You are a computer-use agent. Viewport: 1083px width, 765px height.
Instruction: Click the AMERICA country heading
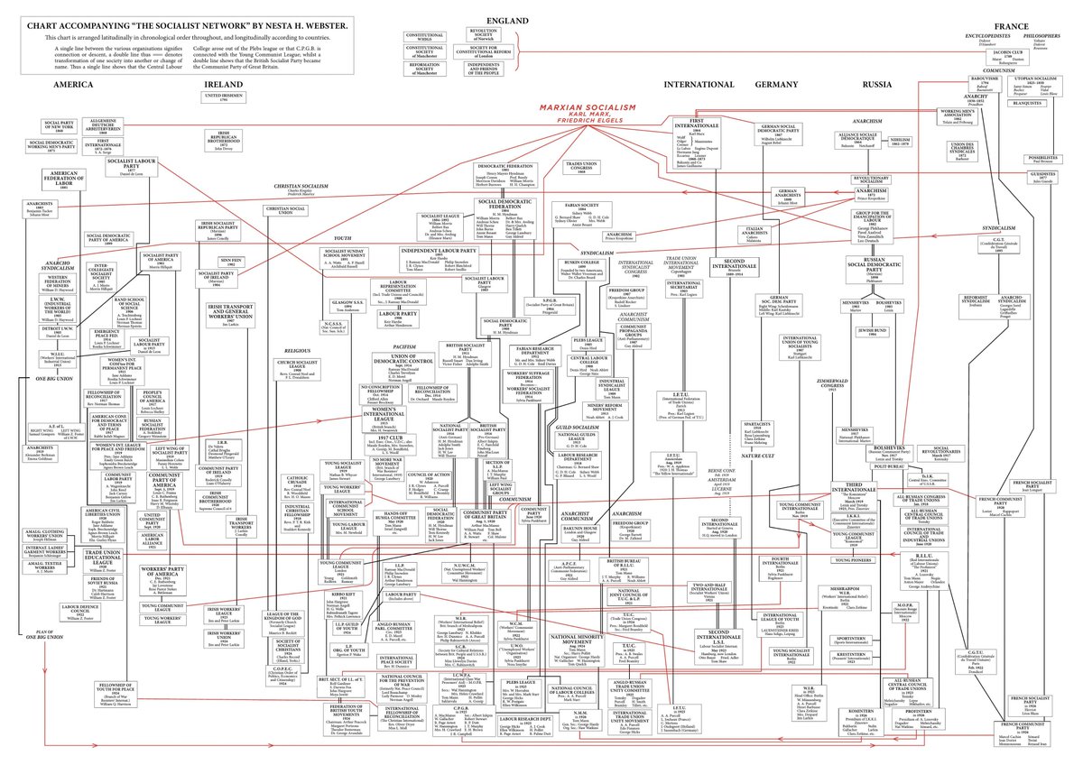click(x=74, y=84)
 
